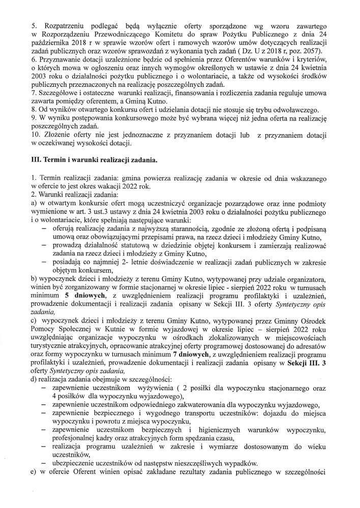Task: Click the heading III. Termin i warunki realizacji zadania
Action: (95, 161)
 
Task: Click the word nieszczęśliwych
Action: (201, 463)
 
